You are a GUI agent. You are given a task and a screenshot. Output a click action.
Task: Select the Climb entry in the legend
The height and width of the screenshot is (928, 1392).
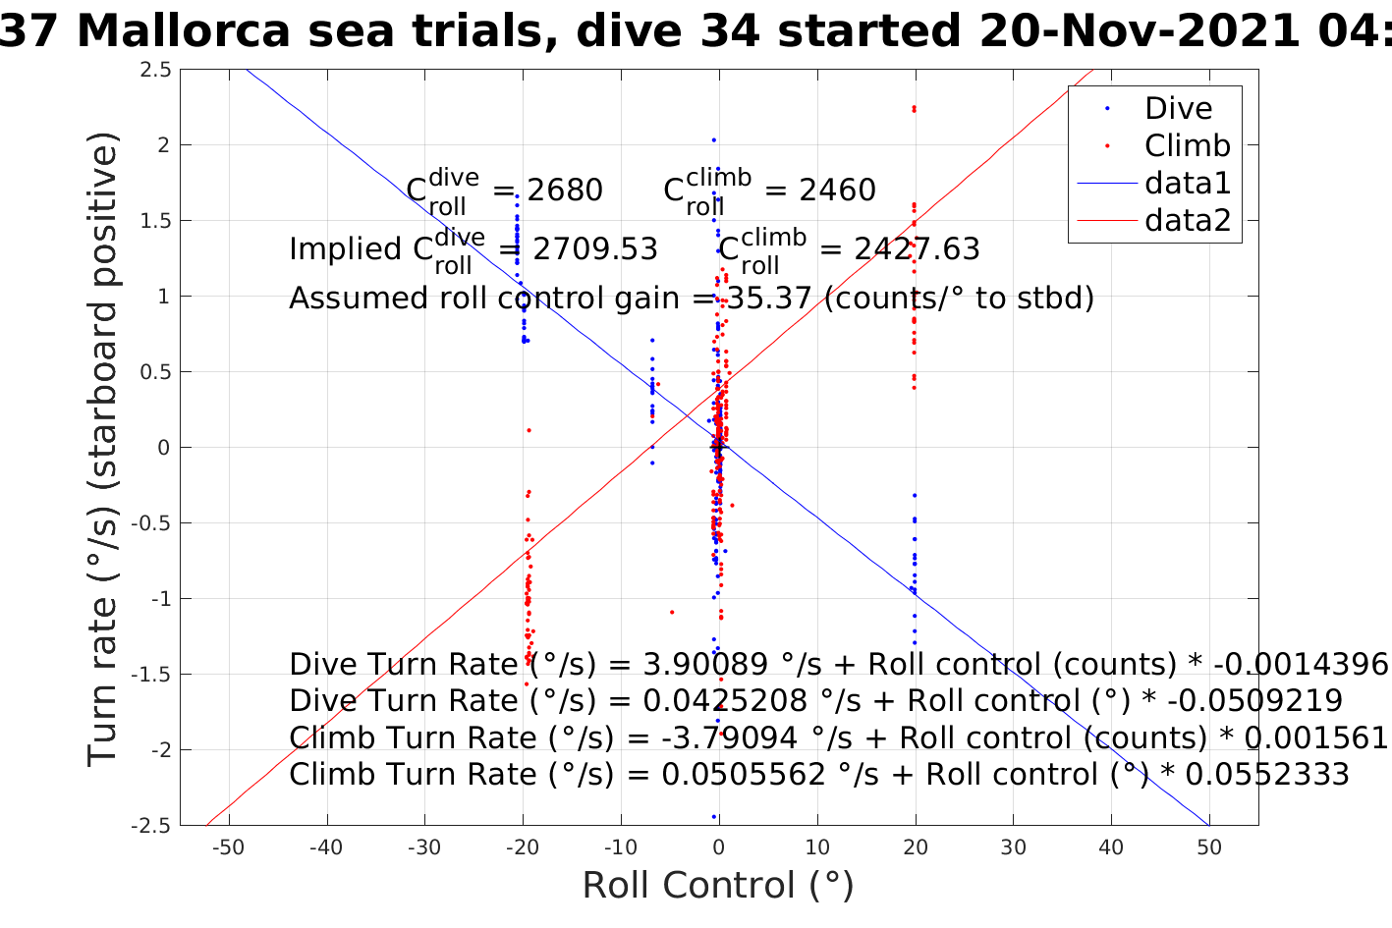pyautogui.click(x=1187, y=146)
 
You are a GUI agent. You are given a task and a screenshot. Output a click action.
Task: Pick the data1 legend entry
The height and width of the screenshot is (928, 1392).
pyautogui.click(x=1187, y=184)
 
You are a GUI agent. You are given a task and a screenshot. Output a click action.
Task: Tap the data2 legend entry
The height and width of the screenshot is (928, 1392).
pyautogui.click(x=1187, y=221)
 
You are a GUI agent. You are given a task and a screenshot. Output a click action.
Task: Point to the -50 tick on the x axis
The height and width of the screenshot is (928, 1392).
pyautogui.click(x=228, y=847)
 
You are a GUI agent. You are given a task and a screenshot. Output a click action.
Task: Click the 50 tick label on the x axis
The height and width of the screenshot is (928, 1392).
pyautogui.click(x=1209, y=847)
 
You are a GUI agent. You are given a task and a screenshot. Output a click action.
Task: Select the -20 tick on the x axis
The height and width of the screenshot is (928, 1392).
pyautogui.click(x=522, y=847)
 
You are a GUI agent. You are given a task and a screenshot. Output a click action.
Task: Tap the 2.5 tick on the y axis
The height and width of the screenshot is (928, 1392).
pyautogui.click(x=155, y=70)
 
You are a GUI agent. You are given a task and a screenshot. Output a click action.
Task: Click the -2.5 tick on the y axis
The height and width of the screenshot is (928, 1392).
pyautogui.click(x=151, y=825)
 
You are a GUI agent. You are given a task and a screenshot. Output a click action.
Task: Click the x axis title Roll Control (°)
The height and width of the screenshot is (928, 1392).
pyautogui.click(x=718, y=886)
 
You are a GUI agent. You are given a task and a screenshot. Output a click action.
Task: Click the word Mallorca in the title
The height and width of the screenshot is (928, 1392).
pyautogui.click(x=184, y=31)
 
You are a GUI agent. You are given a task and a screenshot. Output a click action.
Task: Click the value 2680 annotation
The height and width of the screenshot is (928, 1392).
pyautogui.click(x=565, y=191)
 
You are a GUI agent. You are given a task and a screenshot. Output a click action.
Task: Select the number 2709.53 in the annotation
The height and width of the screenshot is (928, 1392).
pyautogui.click(x=595, y=249)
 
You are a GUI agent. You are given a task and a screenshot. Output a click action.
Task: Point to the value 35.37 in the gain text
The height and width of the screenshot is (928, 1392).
pyautogui.click(x=769, y=298)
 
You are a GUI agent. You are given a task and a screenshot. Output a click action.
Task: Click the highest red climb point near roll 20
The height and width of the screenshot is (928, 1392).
pyautogui.click(x=914, y=108)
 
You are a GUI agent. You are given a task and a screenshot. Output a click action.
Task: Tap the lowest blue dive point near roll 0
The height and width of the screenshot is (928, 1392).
pyautogui.click(x=714, y=817)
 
